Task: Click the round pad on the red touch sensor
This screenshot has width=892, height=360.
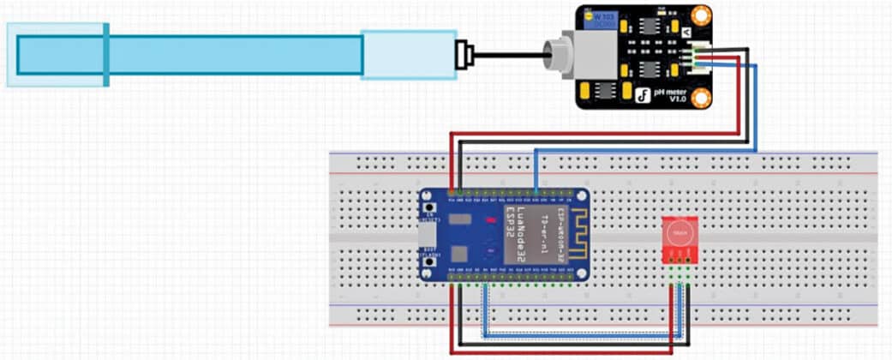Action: pos(679,231)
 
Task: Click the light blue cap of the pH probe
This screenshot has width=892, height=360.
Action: pos(407,55)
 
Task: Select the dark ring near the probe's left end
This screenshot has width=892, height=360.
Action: pos(105,55)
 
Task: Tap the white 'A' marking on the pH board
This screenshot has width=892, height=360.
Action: pos(686,32)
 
